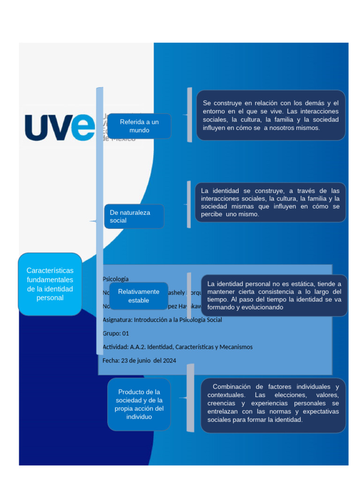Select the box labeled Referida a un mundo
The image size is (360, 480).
(x=139, y=126)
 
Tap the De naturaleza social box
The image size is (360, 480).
(x=134, y=216)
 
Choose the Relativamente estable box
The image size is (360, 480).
(x=138, y=296)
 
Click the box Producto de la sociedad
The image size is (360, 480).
(x=139, y=404)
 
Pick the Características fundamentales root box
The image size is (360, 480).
(x=50, y=284)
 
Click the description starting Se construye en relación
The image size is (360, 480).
(x=270, y=115)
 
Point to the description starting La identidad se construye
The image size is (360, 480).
(x=270, y=202)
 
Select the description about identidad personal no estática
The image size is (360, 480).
(x=274, y=295)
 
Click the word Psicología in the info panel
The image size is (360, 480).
(x=115, y=279)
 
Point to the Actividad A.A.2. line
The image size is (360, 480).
(x=177, y=347)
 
